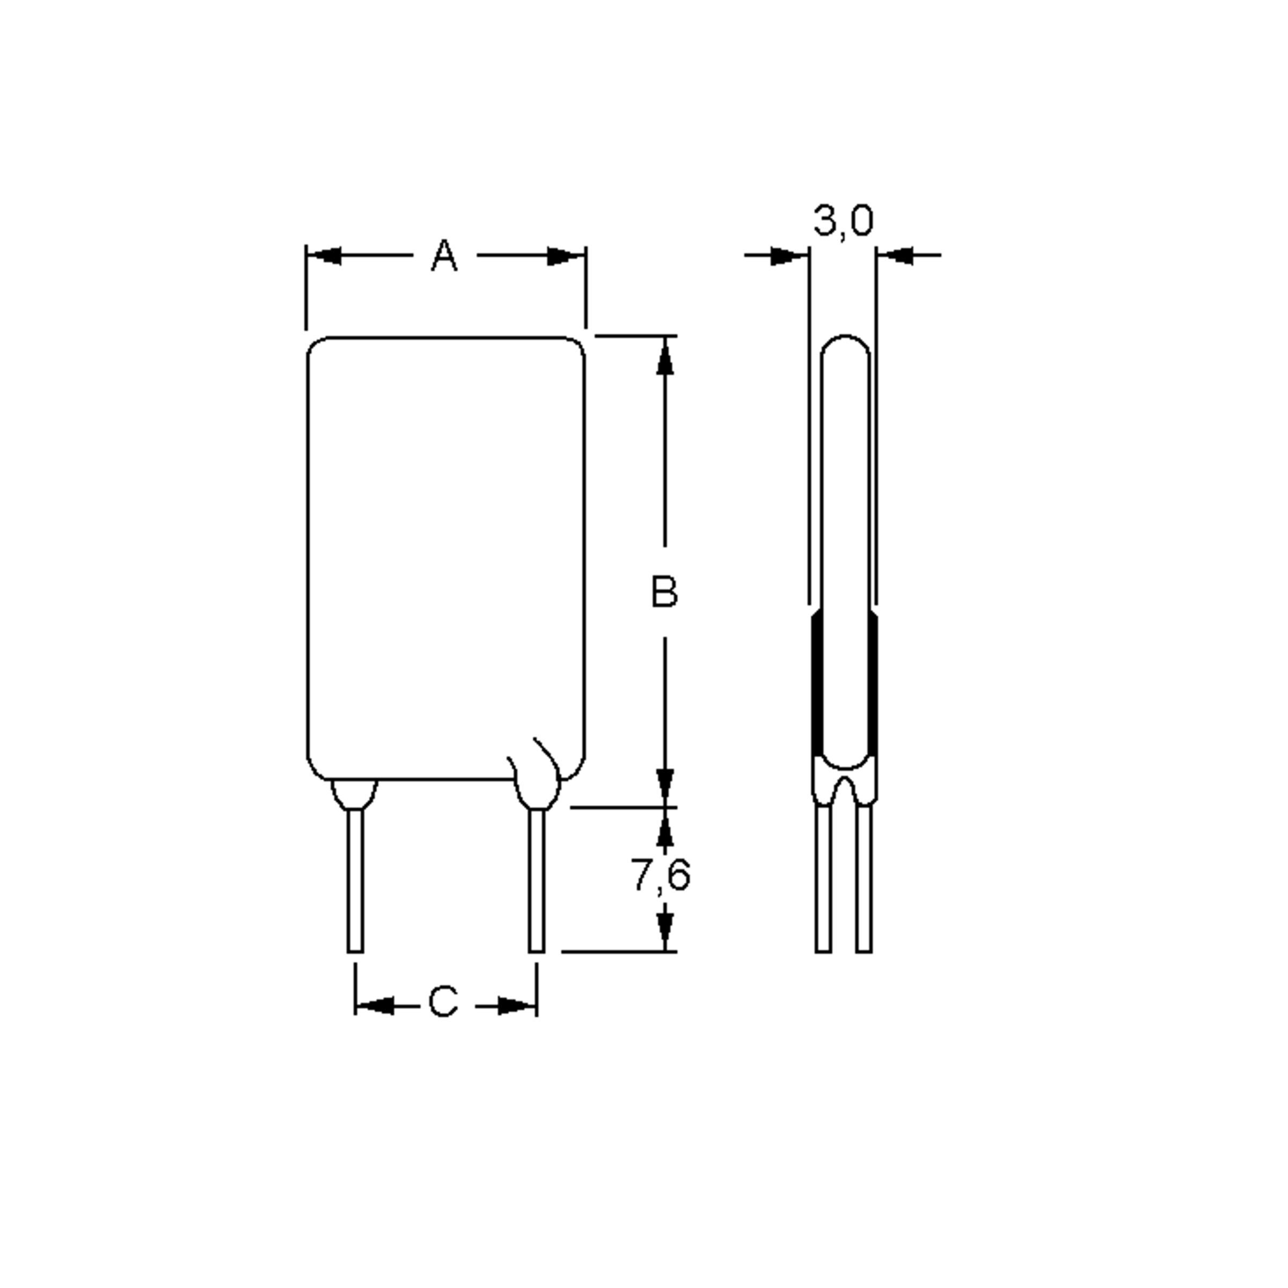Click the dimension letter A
444,256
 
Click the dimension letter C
443,1001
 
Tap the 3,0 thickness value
843,221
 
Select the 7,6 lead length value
660,875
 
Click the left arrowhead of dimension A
325,256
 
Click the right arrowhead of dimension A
565,256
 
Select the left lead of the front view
355,880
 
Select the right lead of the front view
537,880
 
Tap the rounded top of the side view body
845,341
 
